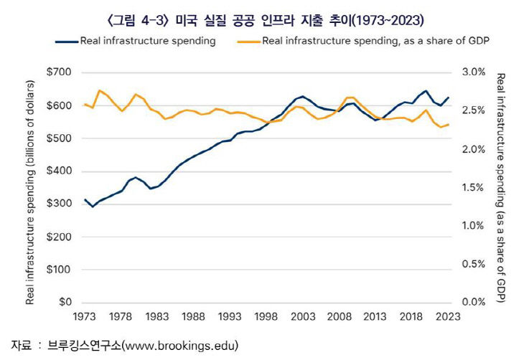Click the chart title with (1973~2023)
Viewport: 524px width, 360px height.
coord(261,15)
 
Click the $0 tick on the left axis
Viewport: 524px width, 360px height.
coord(65,303)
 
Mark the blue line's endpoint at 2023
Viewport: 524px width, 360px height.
coord(449,98)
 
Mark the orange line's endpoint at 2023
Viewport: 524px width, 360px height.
coord(449,125)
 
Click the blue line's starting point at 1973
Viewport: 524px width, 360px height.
coord(85,199)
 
